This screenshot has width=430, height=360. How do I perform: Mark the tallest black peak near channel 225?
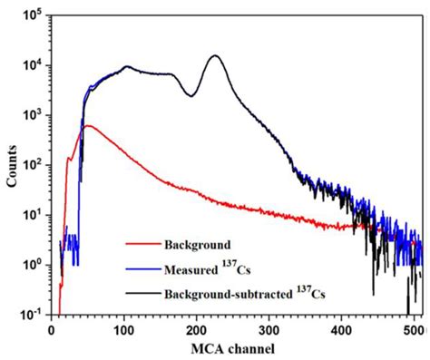215,56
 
